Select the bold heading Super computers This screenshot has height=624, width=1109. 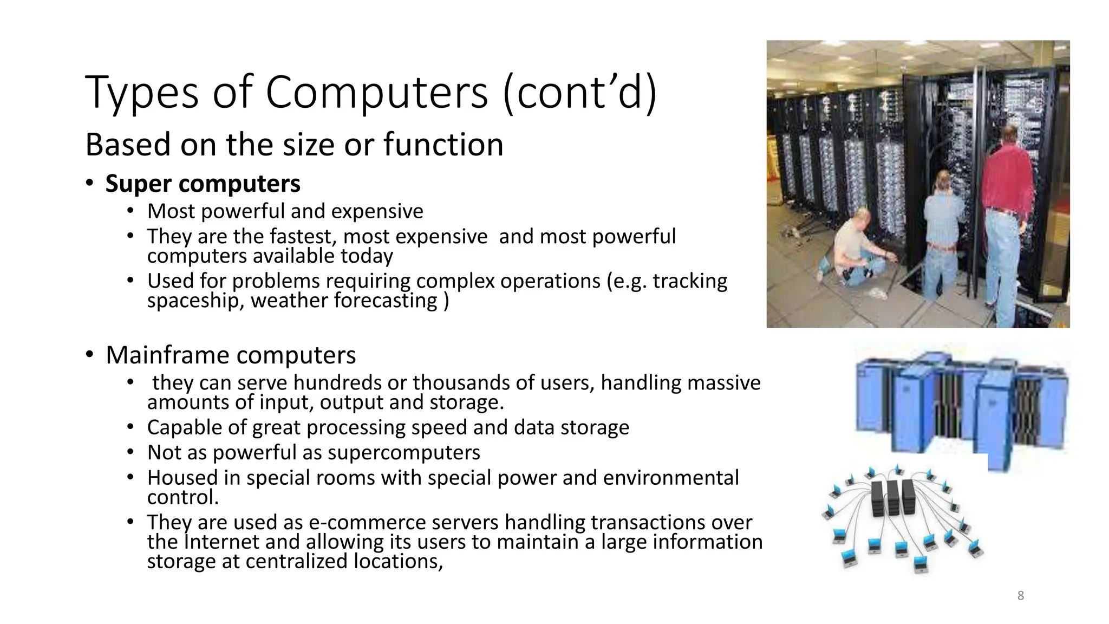[x=203, y=184]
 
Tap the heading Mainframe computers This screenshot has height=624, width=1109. [x=231, y=355]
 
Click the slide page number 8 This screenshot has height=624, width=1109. [x=1020, y=596]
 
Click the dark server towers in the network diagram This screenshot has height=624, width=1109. [x=893, y=498]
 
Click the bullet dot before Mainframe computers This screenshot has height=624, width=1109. [x=89, y=355]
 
